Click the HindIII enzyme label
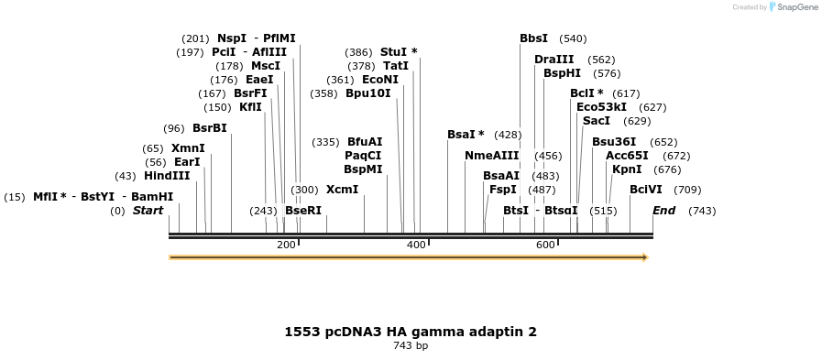(167, 176)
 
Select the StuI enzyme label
(393, 52)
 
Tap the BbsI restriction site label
(533, 38)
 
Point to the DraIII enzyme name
(554, 60)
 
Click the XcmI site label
(343, 190)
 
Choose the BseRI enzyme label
(303, 211)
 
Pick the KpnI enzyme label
(627, 169)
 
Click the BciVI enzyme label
(646, 190)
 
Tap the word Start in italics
(148, 211)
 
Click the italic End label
(663, 211)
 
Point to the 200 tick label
(286, 245)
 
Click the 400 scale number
(416, 245)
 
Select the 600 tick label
(546, 245)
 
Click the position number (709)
(687, 190)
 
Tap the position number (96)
(174, 128)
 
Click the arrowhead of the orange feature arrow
(645, 257)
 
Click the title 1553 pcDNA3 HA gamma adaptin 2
(411, 332)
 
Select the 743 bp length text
(411, 346)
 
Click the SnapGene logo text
(793, 7)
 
